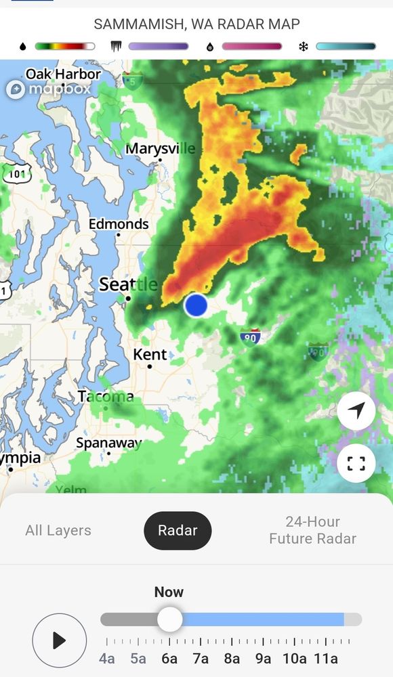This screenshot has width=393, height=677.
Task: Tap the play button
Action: tap(60, 640)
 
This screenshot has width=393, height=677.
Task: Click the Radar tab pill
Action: tap(178, 531)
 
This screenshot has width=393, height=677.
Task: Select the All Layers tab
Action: tap(58, 531)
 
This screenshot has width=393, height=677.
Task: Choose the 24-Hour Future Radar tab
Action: tap(312, 530)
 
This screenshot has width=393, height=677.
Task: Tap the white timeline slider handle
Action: tap(169, 619)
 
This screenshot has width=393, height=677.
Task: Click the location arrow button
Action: tap(356, 410)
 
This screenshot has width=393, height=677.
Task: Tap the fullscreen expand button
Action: tap(356, 463)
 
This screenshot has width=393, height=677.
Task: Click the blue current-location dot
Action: tap(196, 305)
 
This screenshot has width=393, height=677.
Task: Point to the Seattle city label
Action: tap(128, 284)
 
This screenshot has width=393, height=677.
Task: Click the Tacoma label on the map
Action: tap(106, 396)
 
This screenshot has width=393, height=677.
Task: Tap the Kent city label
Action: tap(150, 355)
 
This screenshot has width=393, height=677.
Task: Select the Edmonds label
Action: tap(119, 224)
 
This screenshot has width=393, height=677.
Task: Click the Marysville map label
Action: tap(161, 148)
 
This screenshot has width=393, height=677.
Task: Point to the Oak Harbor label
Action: tap(63, 74)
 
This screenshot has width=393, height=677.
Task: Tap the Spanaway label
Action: tap(108, 443)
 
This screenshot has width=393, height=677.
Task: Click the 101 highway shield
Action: tap(16, 173)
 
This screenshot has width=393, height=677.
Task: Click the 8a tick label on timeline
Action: tap(232, 659)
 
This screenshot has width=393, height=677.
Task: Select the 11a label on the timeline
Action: tap(325, 659)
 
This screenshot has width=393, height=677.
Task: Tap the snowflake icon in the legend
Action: tap(303, 47)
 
